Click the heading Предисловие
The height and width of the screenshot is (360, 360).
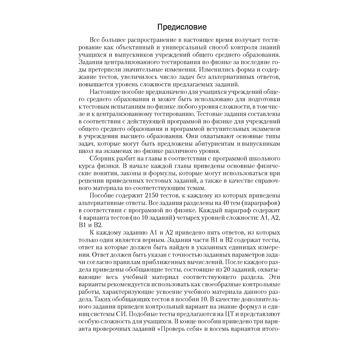coord(180,26)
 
